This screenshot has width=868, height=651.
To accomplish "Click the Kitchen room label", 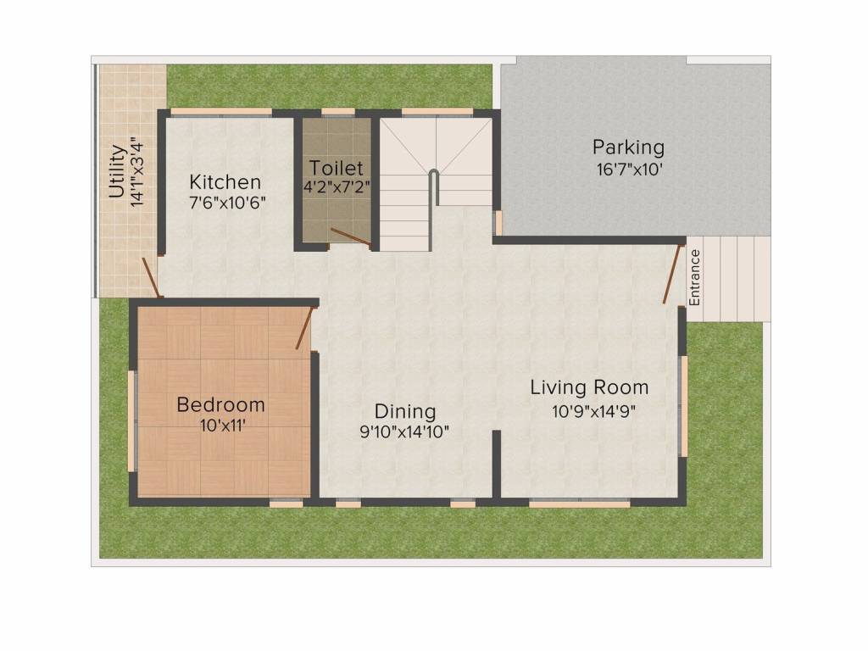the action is pyautogui.click(x=225, y=182).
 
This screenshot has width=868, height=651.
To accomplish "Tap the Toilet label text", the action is pyautogui.click(x=336, y=168).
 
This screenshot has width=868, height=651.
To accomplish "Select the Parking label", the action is pyautogui.click(x=628, y=147).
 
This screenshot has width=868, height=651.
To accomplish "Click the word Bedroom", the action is pyautogui.click(x=221, y=404).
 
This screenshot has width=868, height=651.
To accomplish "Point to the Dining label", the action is pyautogui.click(x=405, y=412).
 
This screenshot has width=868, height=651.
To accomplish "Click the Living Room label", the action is pyautogui.click(x=590, y=387).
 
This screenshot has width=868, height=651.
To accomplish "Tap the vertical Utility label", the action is pyautogui.click(x=117, y=171).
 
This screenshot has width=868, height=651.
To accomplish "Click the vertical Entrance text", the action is pyautogui.click(x=695, y=277).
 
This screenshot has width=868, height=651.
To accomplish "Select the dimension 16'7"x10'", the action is pyautogui.click(x=629, y=170).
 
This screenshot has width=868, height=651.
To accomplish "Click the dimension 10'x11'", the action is pyautogui.click(x=223, y=426).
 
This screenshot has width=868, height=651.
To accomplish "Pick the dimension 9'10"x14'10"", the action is pyautogui.click(x=404, y=431).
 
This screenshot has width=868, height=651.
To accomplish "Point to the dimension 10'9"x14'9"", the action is pyautogui.click(x=593, y=411).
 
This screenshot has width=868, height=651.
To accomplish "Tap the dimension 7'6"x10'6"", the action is pyautogui.click(x=227, y=203).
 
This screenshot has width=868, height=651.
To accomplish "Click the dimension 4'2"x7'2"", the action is pyautogui.click(x=336, y=186).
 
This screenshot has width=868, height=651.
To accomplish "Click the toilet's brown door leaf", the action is pyautogui.click(x=351, y=236).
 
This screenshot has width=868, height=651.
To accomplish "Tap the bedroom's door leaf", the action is pyautogui.click(x=304, y=328).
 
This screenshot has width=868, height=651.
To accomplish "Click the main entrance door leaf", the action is pyautogui.click(x=671, y=274).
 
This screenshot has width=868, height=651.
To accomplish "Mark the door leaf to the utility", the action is pyautogui.click(x=151, y=277).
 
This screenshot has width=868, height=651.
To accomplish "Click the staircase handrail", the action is pyautogui.click(x=433, y=209).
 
